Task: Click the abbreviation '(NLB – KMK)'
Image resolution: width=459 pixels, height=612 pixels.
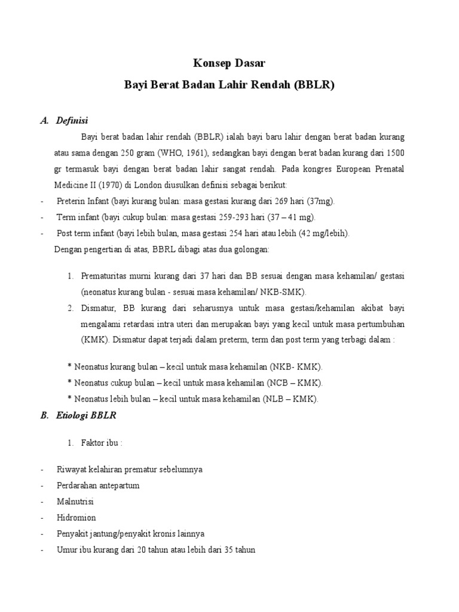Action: coord(293,399)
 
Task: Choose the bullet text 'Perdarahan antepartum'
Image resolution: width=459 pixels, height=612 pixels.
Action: coord(99,486)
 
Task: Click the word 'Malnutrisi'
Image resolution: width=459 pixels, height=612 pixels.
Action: coord(76,502)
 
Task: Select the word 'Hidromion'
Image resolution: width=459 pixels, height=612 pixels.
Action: coord(76,518)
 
